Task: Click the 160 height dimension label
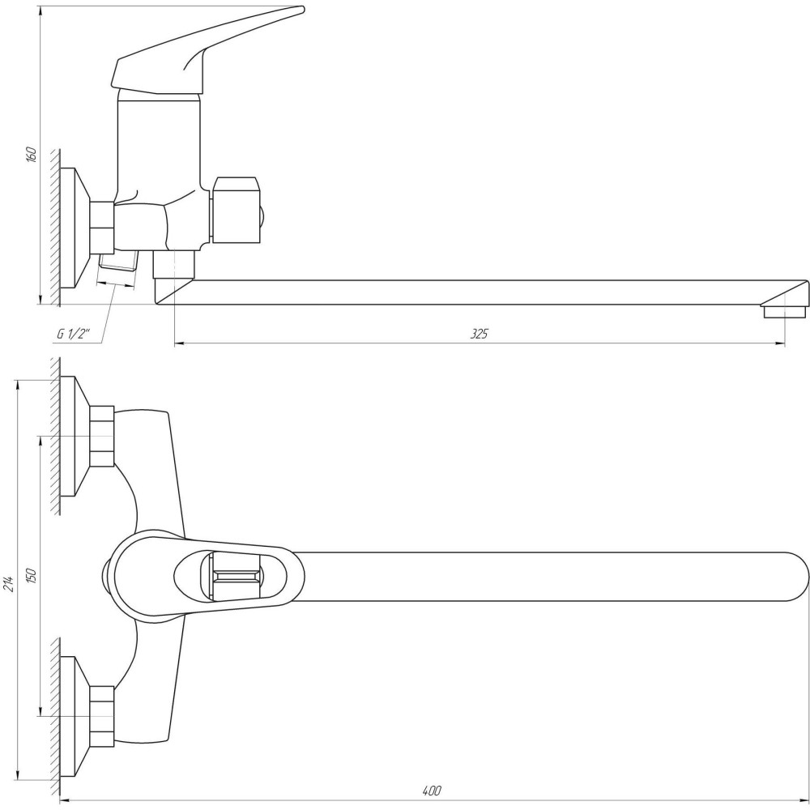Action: click(32, 155)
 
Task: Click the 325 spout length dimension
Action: click(479, 334)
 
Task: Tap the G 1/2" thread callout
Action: click(74, 335)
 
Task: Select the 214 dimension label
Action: click(9, 582)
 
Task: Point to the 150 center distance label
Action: click(32, 576)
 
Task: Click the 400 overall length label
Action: click(432, 791)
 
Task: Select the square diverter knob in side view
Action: click(236, 211)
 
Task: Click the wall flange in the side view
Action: click(75, 228)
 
